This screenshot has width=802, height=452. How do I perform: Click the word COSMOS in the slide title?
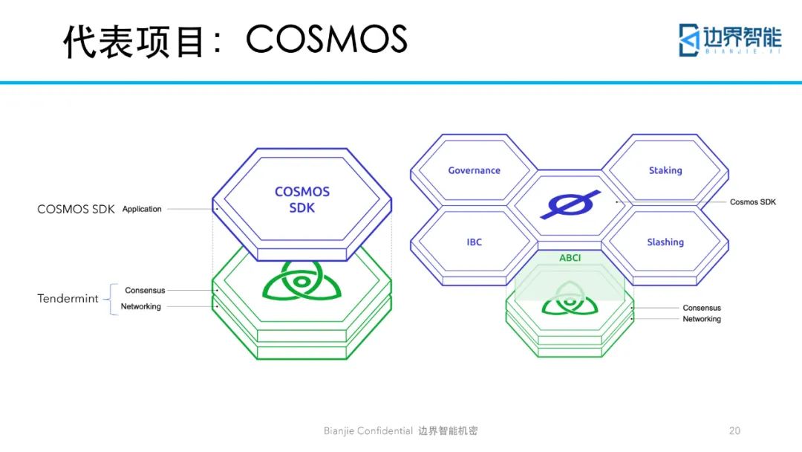[326, 39]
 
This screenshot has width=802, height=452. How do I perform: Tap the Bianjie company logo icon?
[689, 39]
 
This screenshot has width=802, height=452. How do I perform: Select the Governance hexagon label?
[474, 170]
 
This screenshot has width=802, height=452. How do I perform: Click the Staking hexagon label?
[665, 170]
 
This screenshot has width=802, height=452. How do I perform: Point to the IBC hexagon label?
[474, 242]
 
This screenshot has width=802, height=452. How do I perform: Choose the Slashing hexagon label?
[665, 242]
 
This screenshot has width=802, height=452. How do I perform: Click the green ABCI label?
[570, 258]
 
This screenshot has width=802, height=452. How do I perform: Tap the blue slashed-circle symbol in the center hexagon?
[570, 204]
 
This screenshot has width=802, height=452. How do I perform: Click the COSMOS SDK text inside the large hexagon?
[302, 200]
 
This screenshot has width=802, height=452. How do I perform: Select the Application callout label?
[142, 209]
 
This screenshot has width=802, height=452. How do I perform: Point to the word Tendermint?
[68, 298]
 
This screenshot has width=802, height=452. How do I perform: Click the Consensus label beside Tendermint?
[145, 290]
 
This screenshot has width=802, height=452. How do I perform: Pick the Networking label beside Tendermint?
[140, 306]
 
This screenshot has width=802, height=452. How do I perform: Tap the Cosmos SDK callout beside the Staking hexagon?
[752, 202]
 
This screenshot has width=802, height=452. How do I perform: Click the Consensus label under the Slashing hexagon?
[702, 308]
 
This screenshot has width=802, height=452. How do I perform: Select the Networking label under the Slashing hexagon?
[702, 319]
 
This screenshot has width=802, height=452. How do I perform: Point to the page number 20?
[734, 431]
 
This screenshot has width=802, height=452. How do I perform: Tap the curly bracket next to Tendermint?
[111, 300]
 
